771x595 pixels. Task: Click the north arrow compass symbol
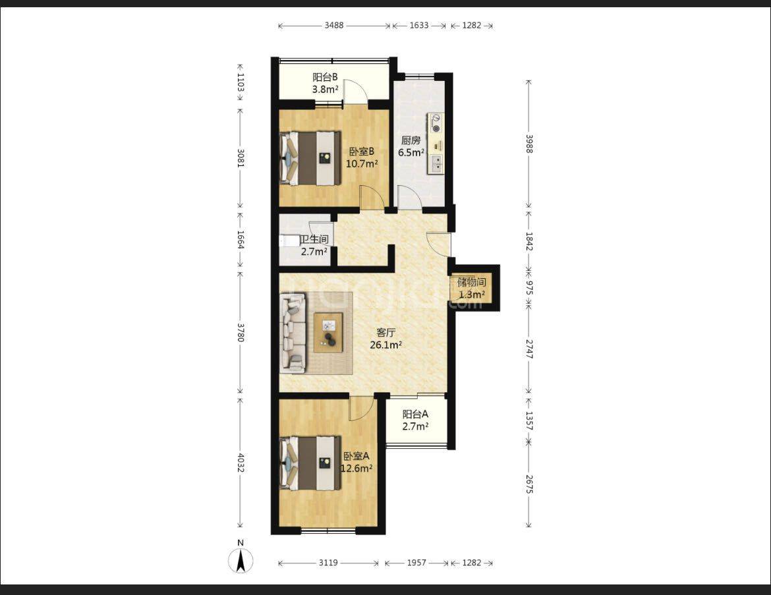pos(241,560)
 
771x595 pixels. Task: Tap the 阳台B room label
pos(325,77)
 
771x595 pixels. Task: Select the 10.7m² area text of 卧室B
pos(361,163)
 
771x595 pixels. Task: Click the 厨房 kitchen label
pos(411,140)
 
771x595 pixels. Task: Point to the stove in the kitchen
pos(435,123)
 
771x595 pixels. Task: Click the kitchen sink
pos(436,164)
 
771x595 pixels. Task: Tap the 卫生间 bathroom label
pos(314,239)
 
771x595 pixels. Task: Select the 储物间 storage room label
pos(472,282)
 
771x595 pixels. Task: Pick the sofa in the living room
pos(293,333)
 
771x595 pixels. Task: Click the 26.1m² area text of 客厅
pos(386,345)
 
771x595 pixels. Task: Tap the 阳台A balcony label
pos(415,414)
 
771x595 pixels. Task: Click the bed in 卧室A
pos(310,463)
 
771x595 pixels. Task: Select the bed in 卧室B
pos(310,158)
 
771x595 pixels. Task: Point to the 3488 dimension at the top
pos(334,25)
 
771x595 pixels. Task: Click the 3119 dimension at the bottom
pos(328,563)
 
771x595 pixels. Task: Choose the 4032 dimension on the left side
pos(241,463)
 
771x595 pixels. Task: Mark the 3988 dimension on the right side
pos(528,144)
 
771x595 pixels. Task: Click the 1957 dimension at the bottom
pos(416,563)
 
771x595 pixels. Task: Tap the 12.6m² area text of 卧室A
pos(357,468)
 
